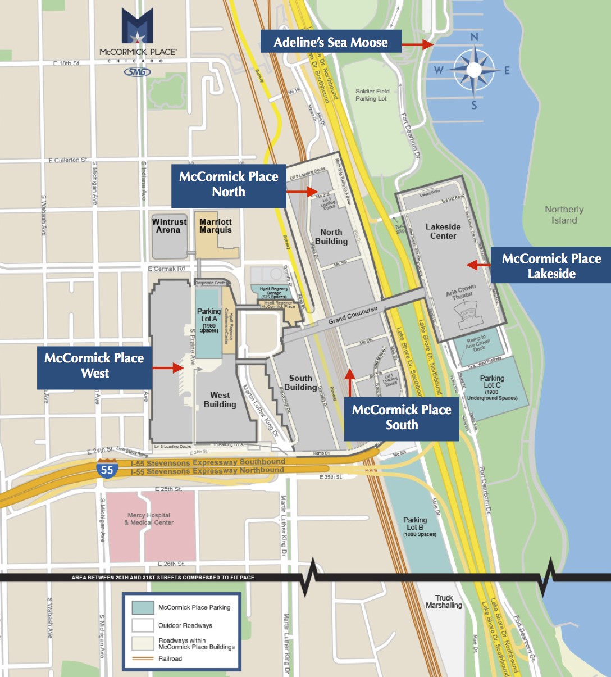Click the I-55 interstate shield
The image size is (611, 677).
click(x=107, y=468)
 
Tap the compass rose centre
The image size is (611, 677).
click(x=475, y=70)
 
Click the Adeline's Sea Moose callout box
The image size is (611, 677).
click(x=331, y=42)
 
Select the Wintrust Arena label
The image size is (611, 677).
click(x=169, y=226)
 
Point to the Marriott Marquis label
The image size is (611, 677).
click(x=216, y=226)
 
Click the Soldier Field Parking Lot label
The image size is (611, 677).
click(x=372, y=95)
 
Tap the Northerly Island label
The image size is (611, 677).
click(x=564, y=215)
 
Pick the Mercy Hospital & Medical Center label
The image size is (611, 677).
click(x=149, y=519)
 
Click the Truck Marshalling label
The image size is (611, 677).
click(x=444, y=602)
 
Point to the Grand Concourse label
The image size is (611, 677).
click(x=353, y=316)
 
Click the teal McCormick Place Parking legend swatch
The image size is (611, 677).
click(x=143, y=607)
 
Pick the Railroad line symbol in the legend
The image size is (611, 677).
click(x=143, y=658)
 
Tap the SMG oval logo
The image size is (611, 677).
click(x=137, y=72)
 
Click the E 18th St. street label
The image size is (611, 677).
click(x=67, y=63)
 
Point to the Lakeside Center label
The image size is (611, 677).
click(x=443, y=231)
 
